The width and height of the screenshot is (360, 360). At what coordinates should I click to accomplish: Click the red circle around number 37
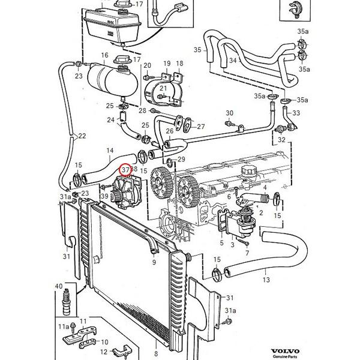125,170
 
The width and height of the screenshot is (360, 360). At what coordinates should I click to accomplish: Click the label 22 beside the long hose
82,136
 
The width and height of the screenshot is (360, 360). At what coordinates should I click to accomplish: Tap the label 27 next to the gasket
200,127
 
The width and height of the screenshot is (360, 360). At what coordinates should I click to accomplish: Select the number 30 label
229,113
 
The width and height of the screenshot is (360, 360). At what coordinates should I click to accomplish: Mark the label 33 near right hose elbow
296,113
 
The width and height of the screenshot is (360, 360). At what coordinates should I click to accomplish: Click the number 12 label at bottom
103,352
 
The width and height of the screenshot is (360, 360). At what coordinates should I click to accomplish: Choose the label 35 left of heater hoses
197,49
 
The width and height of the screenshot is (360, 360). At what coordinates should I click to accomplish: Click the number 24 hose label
111,120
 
